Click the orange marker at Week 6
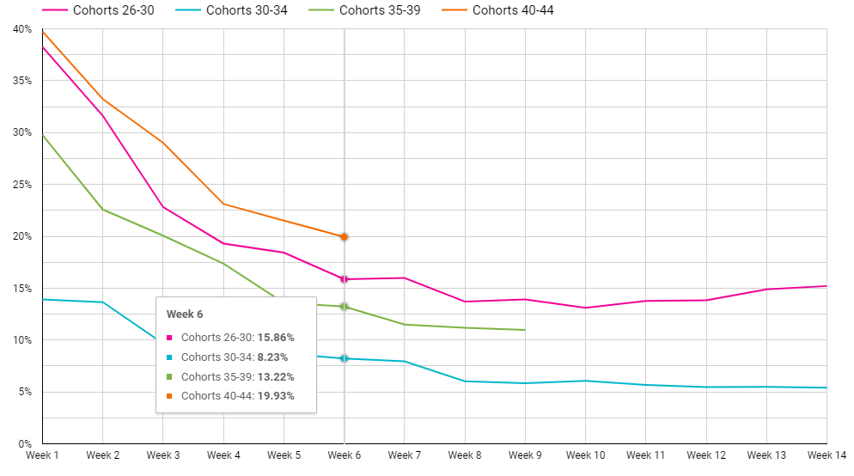344,236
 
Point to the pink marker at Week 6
344,279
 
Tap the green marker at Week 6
344,307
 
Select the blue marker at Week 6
344,358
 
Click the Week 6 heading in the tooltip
185,314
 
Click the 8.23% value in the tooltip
272,357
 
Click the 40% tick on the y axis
21,29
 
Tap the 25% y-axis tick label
21,185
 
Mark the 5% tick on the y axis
24,392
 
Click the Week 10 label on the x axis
585,454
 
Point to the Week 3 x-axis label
162,454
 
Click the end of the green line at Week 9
524,330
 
